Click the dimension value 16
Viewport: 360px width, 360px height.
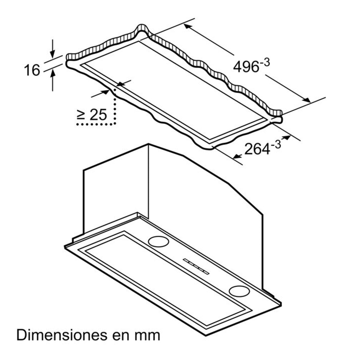pyautogui.click(x=32, y=70)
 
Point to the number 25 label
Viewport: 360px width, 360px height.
pyautogui.click(x=98, y=115)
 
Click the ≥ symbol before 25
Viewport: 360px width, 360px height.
pyautogui.click(x=81, y=115)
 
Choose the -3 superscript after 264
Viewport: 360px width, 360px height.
pyautogui.click(x=276, y=145)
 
